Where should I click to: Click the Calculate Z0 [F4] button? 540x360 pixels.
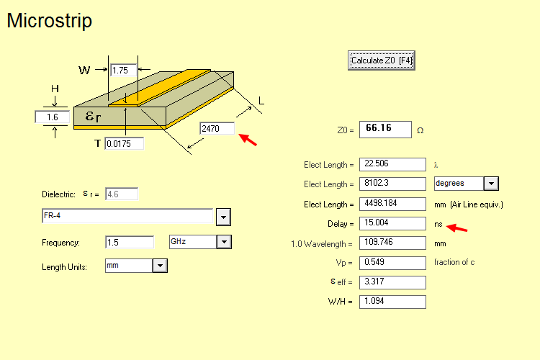point(381,60)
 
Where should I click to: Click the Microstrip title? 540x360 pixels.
point(49,21)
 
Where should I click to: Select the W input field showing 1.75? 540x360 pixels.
point(123,70)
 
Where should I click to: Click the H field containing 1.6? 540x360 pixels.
point(52,117)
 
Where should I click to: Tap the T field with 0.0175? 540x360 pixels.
point(124,144)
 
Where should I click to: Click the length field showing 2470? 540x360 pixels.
point(217,128)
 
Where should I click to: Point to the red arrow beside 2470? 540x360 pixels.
point(247,138)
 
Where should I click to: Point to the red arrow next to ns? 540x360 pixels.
point(457,228)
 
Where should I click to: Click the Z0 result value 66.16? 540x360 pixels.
point(384,130)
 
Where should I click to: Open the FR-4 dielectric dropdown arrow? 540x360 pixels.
point(223,216)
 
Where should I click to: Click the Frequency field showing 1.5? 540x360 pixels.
point(130,242)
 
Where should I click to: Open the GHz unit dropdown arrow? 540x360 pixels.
point(223,242)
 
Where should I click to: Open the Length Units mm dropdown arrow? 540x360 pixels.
point(160,266)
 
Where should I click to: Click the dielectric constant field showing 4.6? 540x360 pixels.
point(122,194)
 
